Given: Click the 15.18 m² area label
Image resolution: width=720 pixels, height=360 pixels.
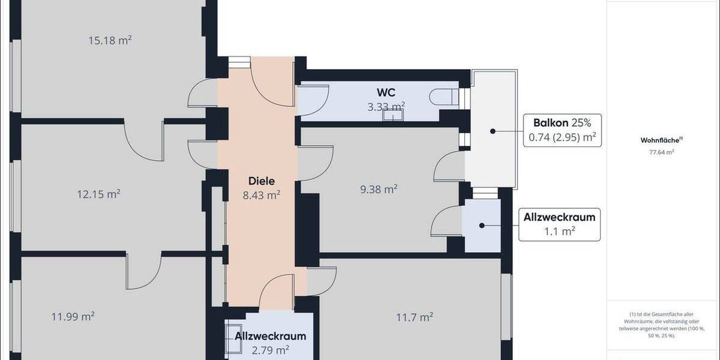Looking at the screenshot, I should coord(110,41).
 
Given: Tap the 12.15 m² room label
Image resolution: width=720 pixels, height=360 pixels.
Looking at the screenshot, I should coord(99,194).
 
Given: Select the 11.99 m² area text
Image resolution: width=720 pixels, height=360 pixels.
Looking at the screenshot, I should coord(73,316).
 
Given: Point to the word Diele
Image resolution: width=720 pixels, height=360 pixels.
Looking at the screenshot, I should coord(262,181).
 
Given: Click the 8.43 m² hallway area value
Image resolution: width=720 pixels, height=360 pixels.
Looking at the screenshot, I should coord(262,194).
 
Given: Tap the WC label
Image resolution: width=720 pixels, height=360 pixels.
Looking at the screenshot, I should coord(385,92).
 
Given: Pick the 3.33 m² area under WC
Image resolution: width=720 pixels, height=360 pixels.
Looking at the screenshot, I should coord(386,106).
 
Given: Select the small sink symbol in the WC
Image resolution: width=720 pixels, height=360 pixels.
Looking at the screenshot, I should coord(392,115).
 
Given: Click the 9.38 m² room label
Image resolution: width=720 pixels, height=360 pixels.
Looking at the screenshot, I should coord(379,190).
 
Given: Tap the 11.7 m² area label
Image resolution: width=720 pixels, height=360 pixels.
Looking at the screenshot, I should coord(415,316).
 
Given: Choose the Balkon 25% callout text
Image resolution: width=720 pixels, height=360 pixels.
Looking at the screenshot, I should coord(562,123).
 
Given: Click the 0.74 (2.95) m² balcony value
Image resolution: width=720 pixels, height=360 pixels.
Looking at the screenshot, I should coord(562,137).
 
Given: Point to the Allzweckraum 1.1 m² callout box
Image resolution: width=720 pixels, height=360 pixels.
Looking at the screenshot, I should coord(559,224).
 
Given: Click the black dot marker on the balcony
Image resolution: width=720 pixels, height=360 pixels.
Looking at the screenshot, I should coord(491,131).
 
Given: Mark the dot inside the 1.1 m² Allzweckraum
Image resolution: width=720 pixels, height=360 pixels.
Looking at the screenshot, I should coord(481,226).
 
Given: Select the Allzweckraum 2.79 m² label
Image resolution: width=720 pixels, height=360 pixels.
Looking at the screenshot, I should coord(271,343).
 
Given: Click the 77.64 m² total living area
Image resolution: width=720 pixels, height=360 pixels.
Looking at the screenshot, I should coord(661,152).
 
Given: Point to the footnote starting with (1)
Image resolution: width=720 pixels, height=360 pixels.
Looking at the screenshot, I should coord(661,325).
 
